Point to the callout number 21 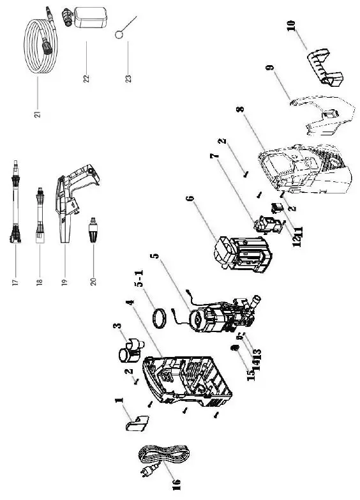pyautogui.click(x=37, y=113)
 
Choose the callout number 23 pyautogui.click(x=128, y=77)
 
